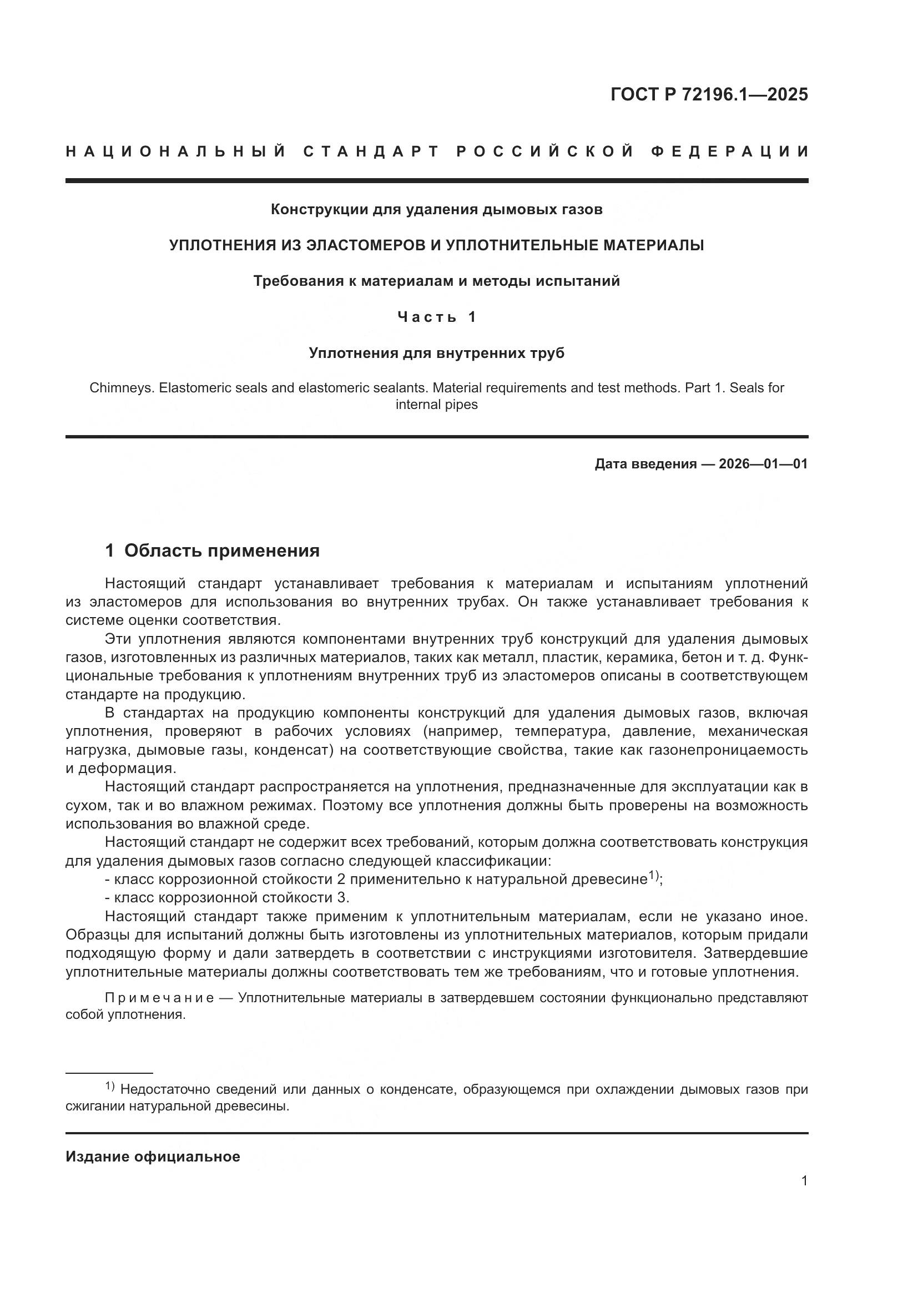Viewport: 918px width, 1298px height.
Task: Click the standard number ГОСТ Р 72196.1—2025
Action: click(709, 94)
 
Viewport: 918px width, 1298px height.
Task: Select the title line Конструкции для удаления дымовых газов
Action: click(436, 209)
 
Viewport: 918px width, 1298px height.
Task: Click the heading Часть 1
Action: click(436, 316)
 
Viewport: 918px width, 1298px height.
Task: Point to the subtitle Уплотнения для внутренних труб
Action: click(436, 353)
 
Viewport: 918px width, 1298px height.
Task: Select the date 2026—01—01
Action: click(763, 464)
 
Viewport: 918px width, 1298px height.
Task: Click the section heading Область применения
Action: click(221, 550)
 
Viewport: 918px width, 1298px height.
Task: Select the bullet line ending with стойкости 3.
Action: click(232, 898)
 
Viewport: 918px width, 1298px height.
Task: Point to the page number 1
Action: click(804, 1180)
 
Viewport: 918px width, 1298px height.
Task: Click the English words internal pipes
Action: click(436, 405)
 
